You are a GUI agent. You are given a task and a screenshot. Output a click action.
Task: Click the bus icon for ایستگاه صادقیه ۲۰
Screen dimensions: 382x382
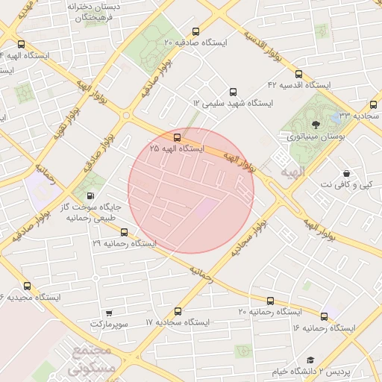point(196,32)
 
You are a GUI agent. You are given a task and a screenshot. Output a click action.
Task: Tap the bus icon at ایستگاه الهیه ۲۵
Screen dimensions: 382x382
point(177,137)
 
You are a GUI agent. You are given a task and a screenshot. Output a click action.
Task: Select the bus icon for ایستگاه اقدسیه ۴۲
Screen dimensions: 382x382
point(299,75)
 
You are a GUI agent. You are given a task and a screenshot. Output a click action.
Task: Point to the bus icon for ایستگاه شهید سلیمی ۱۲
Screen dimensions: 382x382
point(233,90)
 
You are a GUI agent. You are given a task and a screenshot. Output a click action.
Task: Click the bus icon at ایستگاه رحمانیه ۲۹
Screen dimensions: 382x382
point(124,232)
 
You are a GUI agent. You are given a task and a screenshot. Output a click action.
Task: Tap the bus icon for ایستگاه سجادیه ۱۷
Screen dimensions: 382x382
point(178,311)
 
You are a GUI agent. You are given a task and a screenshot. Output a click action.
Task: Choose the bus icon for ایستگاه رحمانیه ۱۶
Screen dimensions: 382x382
point(325,316)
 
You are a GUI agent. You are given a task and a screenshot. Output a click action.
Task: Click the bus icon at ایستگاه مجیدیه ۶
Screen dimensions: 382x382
point(27,286)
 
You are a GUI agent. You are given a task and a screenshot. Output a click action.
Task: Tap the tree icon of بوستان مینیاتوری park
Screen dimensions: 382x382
point(315,125)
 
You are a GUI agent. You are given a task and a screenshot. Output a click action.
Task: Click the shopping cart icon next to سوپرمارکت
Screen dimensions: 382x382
point(109,313)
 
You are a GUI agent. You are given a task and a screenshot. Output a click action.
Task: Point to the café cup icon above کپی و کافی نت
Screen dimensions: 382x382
point(347,172)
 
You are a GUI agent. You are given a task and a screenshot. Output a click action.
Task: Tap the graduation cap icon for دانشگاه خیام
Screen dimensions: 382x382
point(310,360)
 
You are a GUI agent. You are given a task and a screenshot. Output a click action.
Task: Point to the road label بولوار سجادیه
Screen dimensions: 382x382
point(247,239)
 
